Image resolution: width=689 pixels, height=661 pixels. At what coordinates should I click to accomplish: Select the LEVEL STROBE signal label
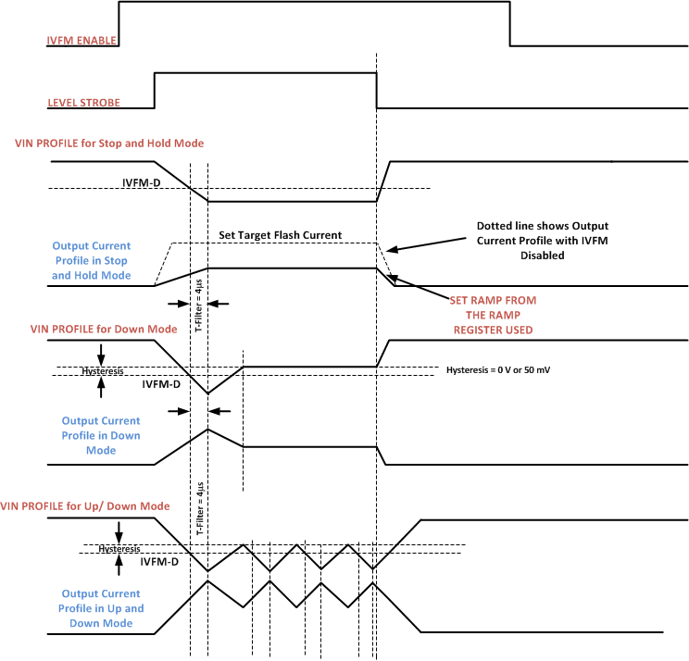(x=83, y=102)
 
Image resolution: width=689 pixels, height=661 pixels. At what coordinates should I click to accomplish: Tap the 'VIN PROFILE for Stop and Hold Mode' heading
(x=109, y=143)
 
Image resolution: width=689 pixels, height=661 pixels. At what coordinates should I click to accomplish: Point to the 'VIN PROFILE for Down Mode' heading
(x=96, y=329)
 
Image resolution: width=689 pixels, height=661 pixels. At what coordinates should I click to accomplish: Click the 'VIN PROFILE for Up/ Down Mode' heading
(x=85, y=506)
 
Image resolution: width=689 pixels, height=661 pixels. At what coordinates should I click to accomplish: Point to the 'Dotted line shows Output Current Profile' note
(x=543, y=241)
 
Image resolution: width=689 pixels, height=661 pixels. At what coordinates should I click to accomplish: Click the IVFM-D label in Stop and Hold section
(x=142, y=182)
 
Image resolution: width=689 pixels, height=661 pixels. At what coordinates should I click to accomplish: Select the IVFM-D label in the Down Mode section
(x=162, y=382)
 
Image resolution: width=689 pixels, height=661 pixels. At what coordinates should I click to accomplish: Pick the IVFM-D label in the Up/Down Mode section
(x=159, y=561)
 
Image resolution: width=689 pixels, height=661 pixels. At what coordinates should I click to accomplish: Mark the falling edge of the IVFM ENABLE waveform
(x=510, y=23)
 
